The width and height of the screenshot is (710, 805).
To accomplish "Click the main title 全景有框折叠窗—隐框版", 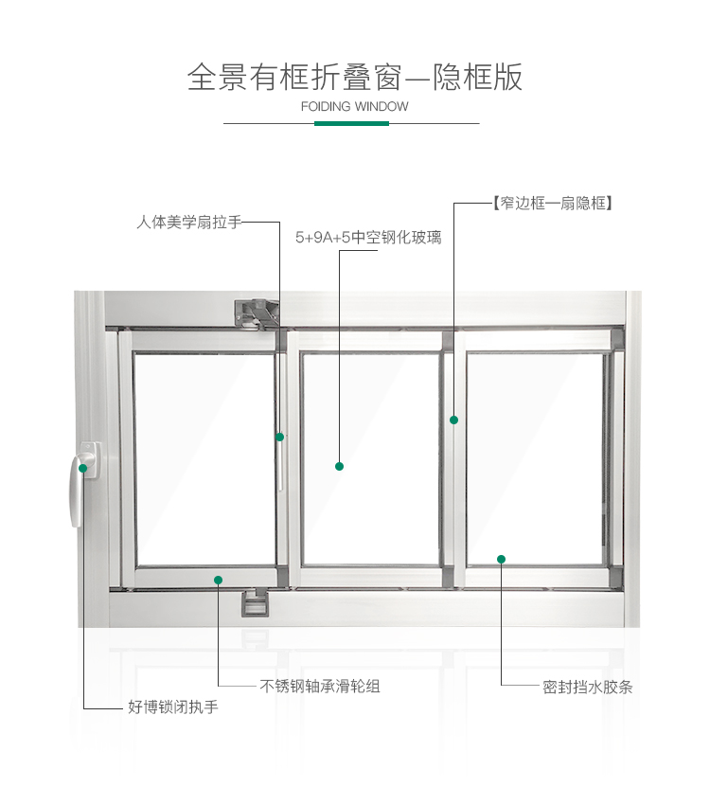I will pos(355,76).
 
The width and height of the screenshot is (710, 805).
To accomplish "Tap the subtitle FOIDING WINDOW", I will pos(355,106).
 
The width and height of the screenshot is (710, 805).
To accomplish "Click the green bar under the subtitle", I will pos(345,123).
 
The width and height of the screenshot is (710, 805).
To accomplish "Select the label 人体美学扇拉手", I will pos(189,223).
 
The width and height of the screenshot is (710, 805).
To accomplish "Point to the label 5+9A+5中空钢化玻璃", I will pos(368,238).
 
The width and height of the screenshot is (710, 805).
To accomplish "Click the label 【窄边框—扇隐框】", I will pos(552,203).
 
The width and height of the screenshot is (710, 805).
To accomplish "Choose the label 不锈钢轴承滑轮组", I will pos(320,686).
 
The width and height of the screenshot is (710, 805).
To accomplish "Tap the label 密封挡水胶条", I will pos(588,687).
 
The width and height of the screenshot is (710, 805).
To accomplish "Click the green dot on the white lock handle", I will pos(83,468).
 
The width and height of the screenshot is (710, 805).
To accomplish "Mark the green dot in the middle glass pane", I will pos(339,466).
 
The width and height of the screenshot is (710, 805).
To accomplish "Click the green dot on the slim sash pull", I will pos(280,437).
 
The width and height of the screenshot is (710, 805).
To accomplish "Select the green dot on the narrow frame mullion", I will pos(453,420).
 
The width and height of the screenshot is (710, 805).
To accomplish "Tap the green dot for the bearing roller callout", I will pos(219,580).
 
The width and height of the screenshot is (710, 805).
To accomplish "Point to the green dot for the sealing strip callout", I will pos(501,559).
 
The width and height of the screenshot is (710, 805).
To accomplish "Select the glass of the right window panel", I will pos(535,455).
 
